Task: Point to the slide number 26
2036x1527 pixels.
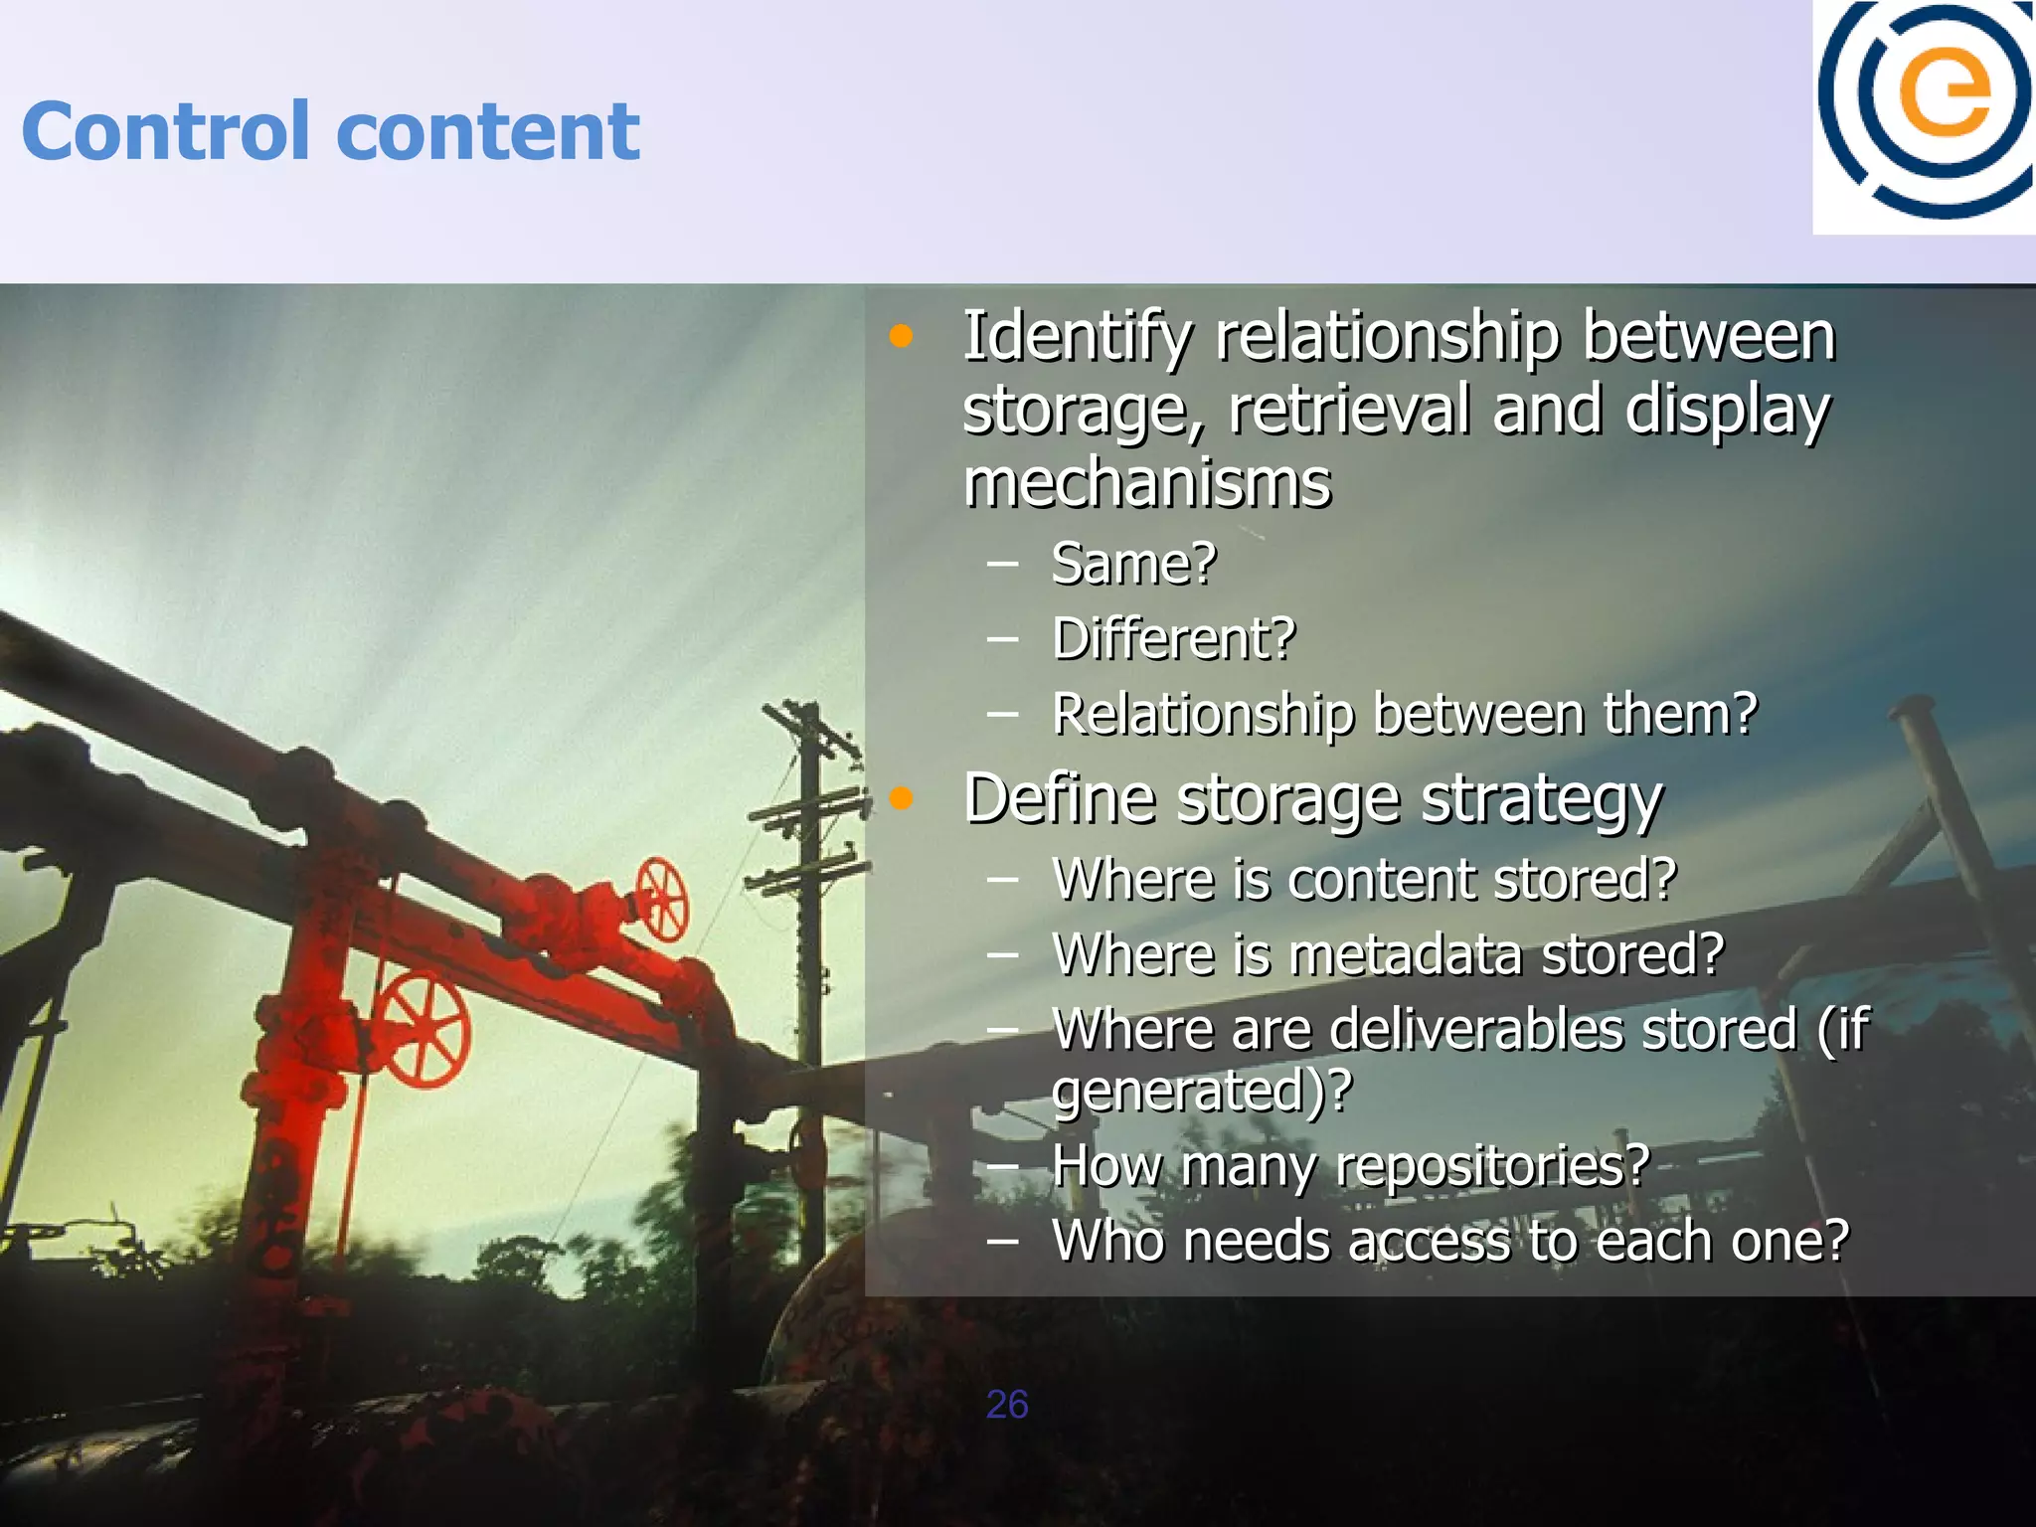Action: pos(1006,1405)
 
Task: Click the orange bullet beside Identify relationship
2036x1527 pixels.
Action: pos(901,336)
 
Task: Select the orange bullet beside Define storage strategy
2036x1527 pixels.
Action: pos(901,797)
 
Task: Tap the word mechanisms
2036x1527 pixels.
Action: pos(1147,484)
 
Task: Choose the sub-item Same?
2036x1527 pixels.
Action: pos(1133,564)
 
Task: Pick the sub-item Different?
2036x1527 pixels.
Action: pos(1174,638)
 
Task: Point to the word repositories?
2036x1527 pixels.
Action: pos(1492,1166)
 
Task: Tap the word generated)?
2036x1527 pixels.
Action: pos(1202,1092)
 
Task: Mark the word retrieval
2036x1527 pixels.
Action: pos(1349,411)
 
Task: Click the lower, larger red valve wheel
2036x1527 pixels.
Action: pos(424,1028)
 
